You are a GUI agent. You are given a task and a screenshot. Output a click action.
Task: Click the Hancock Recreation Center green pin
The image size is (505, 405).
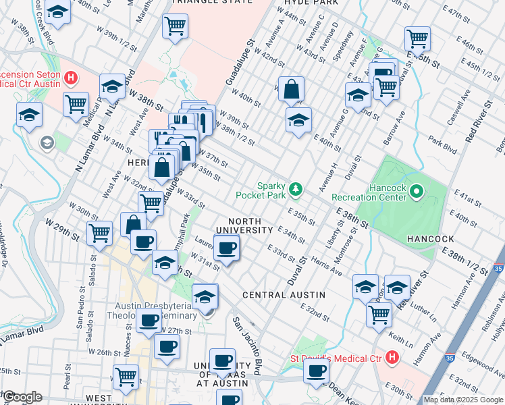click(x=417, y=192)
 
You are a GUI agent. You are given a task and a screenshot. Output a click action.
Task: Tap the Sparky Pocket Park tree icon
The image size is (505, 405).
click(x=295, y=188)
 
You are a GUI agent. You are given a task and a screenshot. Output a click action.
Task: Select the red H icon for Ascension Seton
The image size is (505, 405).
click(x=70, y=79)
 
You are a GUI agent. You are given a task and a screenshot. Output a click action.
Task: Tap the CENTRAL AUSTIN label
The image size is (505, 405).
click(x=284, y=295)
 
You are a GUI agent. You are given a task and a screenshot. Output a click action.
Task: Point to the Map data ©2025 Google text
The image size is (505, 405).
click(x=463, y=400)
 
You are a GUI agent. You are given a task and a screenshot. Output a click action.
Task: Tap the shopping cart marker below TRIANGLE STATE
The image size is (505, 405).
click(x=175, y=27)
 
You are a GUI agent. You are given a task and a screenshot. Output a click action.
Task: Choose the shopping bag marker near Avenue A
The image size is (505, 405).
click(x=290, y=89)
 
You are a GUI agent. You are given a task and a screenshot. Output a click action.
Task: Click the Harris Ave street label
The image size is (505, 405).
click(x=327, y=269)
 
